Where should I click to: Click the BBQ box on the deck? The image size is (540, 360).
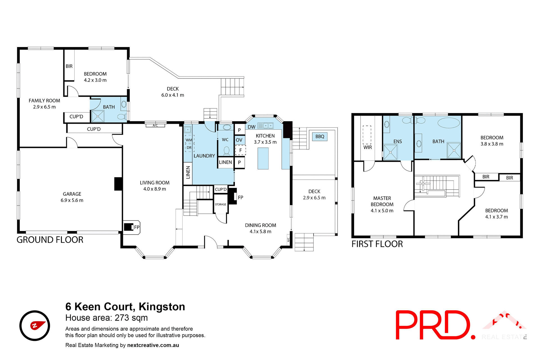click(x=320, y=136)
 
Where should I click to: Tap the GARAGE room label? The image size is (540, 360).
click(x=72, y=194)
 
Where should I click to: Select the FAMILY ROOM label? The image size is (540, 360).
click(x=44, y=101)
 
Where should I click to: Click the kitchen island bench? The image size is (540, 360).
click(x=263, y=158)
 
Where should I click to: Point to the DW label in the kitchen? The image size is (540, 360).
click(x=251, y=127)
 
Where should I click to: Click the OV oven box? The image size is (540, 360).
click(x=239, y=140)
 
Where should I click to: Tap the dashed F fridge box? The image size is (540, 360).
click(x=240, y=150)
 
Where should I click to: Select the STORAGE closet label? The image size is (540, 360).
click(x=220, y=204)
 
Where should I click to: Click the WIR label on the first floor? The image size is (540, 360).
click(x=368, y=147)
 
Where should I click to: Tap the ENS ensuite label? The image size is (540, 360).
click(x=397, y=141)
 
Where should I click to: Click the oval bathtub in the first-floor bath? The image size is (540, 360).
click(x=449, y=123)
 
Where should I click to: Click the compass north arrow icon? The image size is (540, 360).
click(x=35, y=326)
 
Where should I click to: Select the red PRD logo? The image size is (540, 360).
click(x=433, y=325)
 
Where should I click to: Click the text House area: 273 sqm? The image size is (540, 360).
click(x=107, y=318)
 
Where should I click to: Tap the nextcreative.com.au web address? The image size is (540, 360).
click(x=153, y=345)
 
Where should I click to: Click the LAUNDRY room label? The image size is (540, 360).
click(x=204, y=156)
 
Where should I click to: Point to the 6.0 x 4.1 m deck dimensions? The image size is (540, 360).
click(x=173, y=95)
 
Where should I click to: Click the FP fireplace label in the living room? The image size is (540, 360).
click(x=137, y=227)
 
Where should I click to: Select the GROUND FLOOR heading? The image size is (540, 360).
click(x=50, y=240)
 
